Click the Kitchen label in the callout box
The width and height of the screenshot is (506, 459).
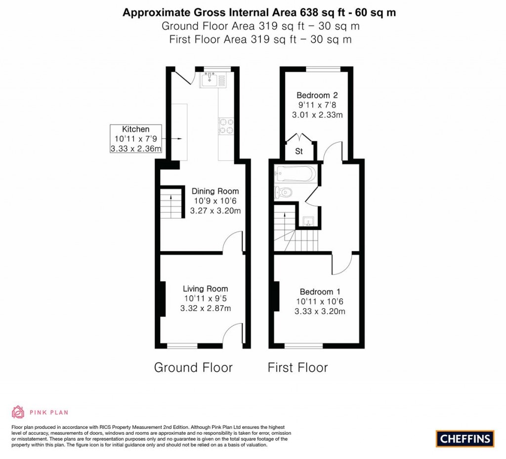tap(135, 130)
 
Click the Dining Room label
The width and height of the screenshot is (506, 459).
tap(215, 191)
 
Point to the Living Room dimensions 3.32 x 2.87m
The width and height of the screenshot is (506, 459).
tap(206, 308)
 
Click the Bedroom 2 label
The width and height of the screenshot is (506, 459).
tap(317, 95)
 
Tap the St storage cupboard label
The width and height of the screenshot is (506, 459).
tap(299, 152)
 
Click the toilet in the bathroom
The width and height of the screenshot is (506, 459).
tap(285, 192)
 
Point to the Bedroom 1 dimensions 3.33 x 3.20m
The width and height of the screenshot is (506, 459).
tap(320, 311)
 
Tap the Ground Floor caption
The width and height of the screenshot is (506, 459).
tap(193, 367)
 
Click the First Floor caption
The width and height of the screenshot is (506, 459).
tap(297, 367)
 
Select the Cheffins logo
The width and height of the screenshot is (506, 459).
tap(465, 438)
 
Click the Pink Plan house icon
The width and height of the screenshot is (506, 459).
tap(18, 412)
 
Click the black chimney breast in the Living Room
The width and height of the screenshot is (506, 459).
tap(162, 299)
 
